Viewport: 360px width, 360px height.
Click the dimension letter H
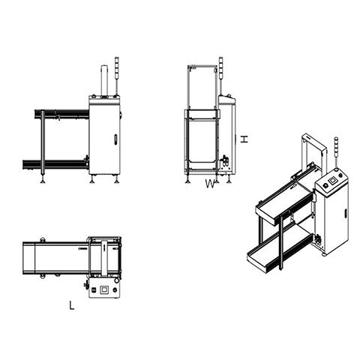click(x=244, y=139)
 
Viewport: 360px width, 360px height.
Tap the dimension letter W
click(x=210, y=184)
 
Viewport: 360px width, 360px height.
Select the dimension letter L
click(x=72, y=305)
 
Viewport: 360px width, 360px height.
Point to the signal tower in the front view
click(x=117, y=76)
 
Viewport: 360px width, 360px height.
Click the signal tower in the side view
click(x=221, y=76)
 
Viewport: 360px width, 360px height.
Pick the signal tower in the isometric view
click(x=337, y=153)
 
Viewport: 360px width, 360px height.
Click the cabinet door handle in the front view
click(x=115, y=139)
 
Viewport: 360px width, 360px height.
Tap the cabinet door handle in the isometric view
click(x=346, y=213)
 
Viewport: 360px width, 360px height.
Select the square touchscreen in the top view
click(x=103, y=289)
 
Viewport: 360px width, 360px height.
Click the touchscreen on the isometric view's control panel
click(x=332, y=181)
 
